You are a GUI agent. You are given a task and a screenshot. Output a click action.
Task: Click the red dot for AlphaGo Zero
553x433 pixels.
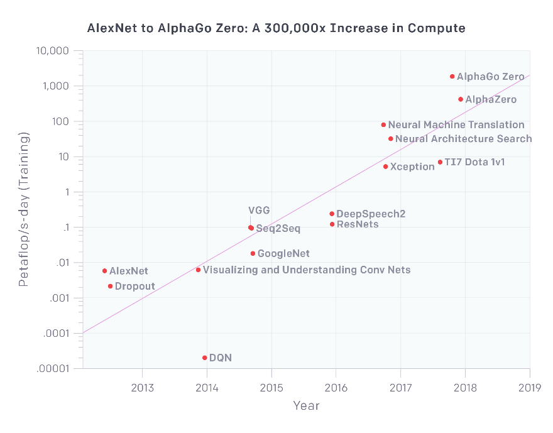[452, 77]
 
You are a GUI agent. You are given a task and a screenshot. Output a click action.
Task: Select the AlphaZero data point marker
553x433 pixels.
[461, 99]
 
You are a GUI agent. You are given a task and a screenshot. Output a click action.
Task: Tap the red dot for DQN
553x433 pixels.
[205, 358]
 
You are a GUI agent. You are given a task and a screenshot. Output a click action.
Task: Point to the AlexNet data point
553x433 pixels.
[105, 271]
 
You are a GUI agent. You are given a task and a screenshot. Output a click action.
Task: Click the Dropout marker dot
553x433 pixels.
[110, 286]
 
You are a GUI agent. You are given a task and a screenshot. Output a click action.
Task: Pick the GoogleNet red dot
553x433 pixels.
[253, 254]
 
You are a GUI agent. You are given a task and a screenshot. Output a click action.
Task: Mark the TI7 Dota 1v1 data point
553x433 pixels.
[440, 162]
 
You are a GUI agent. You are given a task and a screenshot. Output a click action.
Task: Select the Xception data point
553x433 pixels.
[385, 167]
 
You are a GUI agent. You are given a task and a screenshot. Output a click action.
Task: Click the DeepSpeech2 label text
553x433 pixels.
[371, 214]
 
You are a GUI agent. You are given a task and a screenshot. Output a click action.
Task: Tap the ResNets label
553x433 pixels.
[358, 224]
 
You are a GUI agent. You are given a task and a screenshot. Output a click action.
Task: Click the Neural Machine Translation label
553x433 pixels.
[456, 125]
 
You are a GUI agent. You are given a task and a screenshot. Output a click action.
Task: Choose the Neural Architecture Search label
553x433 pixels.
[464, 139]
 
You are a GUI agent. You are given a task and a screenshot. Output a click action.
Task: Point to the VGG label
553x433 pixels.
[259, 211]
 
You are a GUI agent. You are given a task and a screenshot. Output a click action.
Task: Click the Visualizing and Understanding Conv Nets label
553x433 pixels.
[307, 270]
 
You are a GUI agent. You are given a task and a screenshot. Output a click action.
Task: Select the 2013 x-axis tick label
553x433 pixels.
[142, 386]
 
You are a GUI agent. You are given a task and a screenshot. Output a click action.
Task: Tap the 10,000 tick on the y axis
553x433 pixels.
[53, 51]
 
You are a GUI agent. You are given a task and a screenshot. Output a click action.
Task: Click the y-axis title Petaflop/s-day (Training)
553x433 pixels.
[23, 209]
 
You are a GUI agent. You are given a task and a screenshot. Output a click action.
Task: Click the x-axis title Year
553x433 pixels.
[306, 406]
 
